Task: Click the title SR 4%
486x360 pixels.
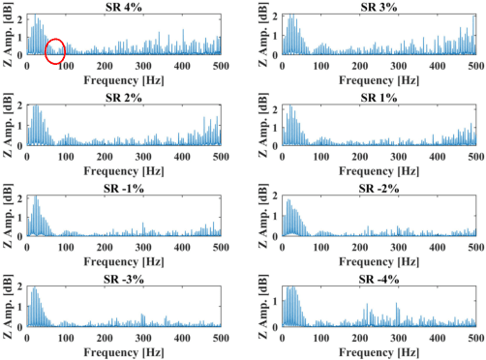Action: pos(123,7)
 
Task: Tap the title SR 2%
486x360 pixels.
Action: pos(123,98)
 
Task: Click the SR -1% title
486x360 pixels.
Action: pos(123,188)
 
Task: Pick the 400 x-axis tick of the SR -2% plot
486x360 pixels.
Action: pos(438,248)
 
